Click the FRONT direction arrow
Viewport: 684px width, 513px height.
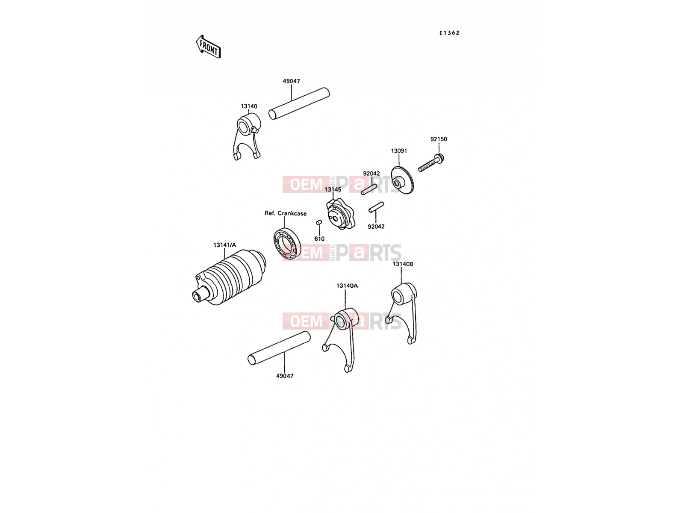pos(208,47)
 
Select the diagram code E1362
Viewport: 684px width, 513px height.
pos(449,33)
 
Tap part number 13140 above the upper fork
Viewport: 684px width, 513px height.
pos(249,106)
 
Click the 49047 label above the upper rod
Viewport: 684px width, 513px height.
pos(292,81)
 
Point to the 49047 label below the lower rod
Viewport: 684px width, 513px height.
pos(285,376)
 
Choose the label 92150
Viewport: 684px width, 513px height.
pos(439,139)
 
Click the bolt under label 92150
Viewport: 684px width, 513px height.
pos(431,163)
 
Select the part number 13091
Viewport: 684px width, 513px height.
pos(399,151)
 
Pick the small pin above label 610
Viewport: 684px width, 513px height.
pos(319,222)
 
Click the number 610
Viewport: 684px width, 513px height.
pos(319,239)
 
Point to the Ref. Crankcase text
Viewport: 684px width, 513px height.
pos(286,213)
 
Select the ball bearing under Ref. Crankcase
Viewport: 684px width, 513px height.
pos(287,243)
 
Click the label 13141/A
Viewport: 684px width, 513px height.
pos(225,245)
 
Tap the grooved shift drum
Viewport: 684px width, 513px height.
pos(229,277)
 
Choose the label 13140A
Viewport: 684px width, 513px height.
pos(347,286)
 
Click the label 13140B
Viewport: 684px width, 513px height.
pos(403,264)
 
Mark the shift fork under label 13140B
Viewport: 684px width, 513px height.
pos(402,312)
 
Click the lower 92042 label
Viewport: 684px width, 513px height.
pos(376,227)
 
